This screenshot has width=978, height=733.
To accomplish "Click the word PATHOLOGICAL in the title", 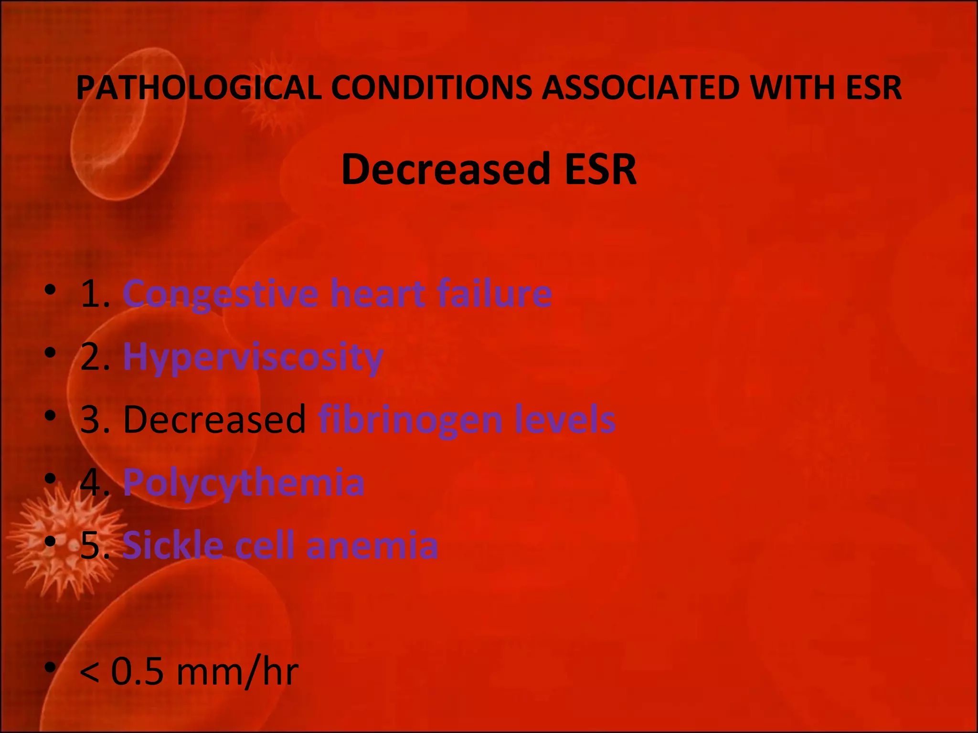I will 199,88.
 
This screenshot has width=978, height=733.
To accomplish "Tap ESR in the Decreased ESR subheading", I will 600,169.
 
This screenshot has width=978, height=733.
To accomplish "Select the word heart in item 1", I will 378,293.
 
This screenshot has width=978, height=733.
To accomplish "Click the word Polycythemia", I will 244,482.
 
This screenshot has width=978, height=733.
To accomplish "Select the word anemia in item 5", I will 372,545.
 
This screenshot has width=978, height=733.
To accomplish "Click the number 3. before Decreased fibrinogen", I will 95,419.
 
